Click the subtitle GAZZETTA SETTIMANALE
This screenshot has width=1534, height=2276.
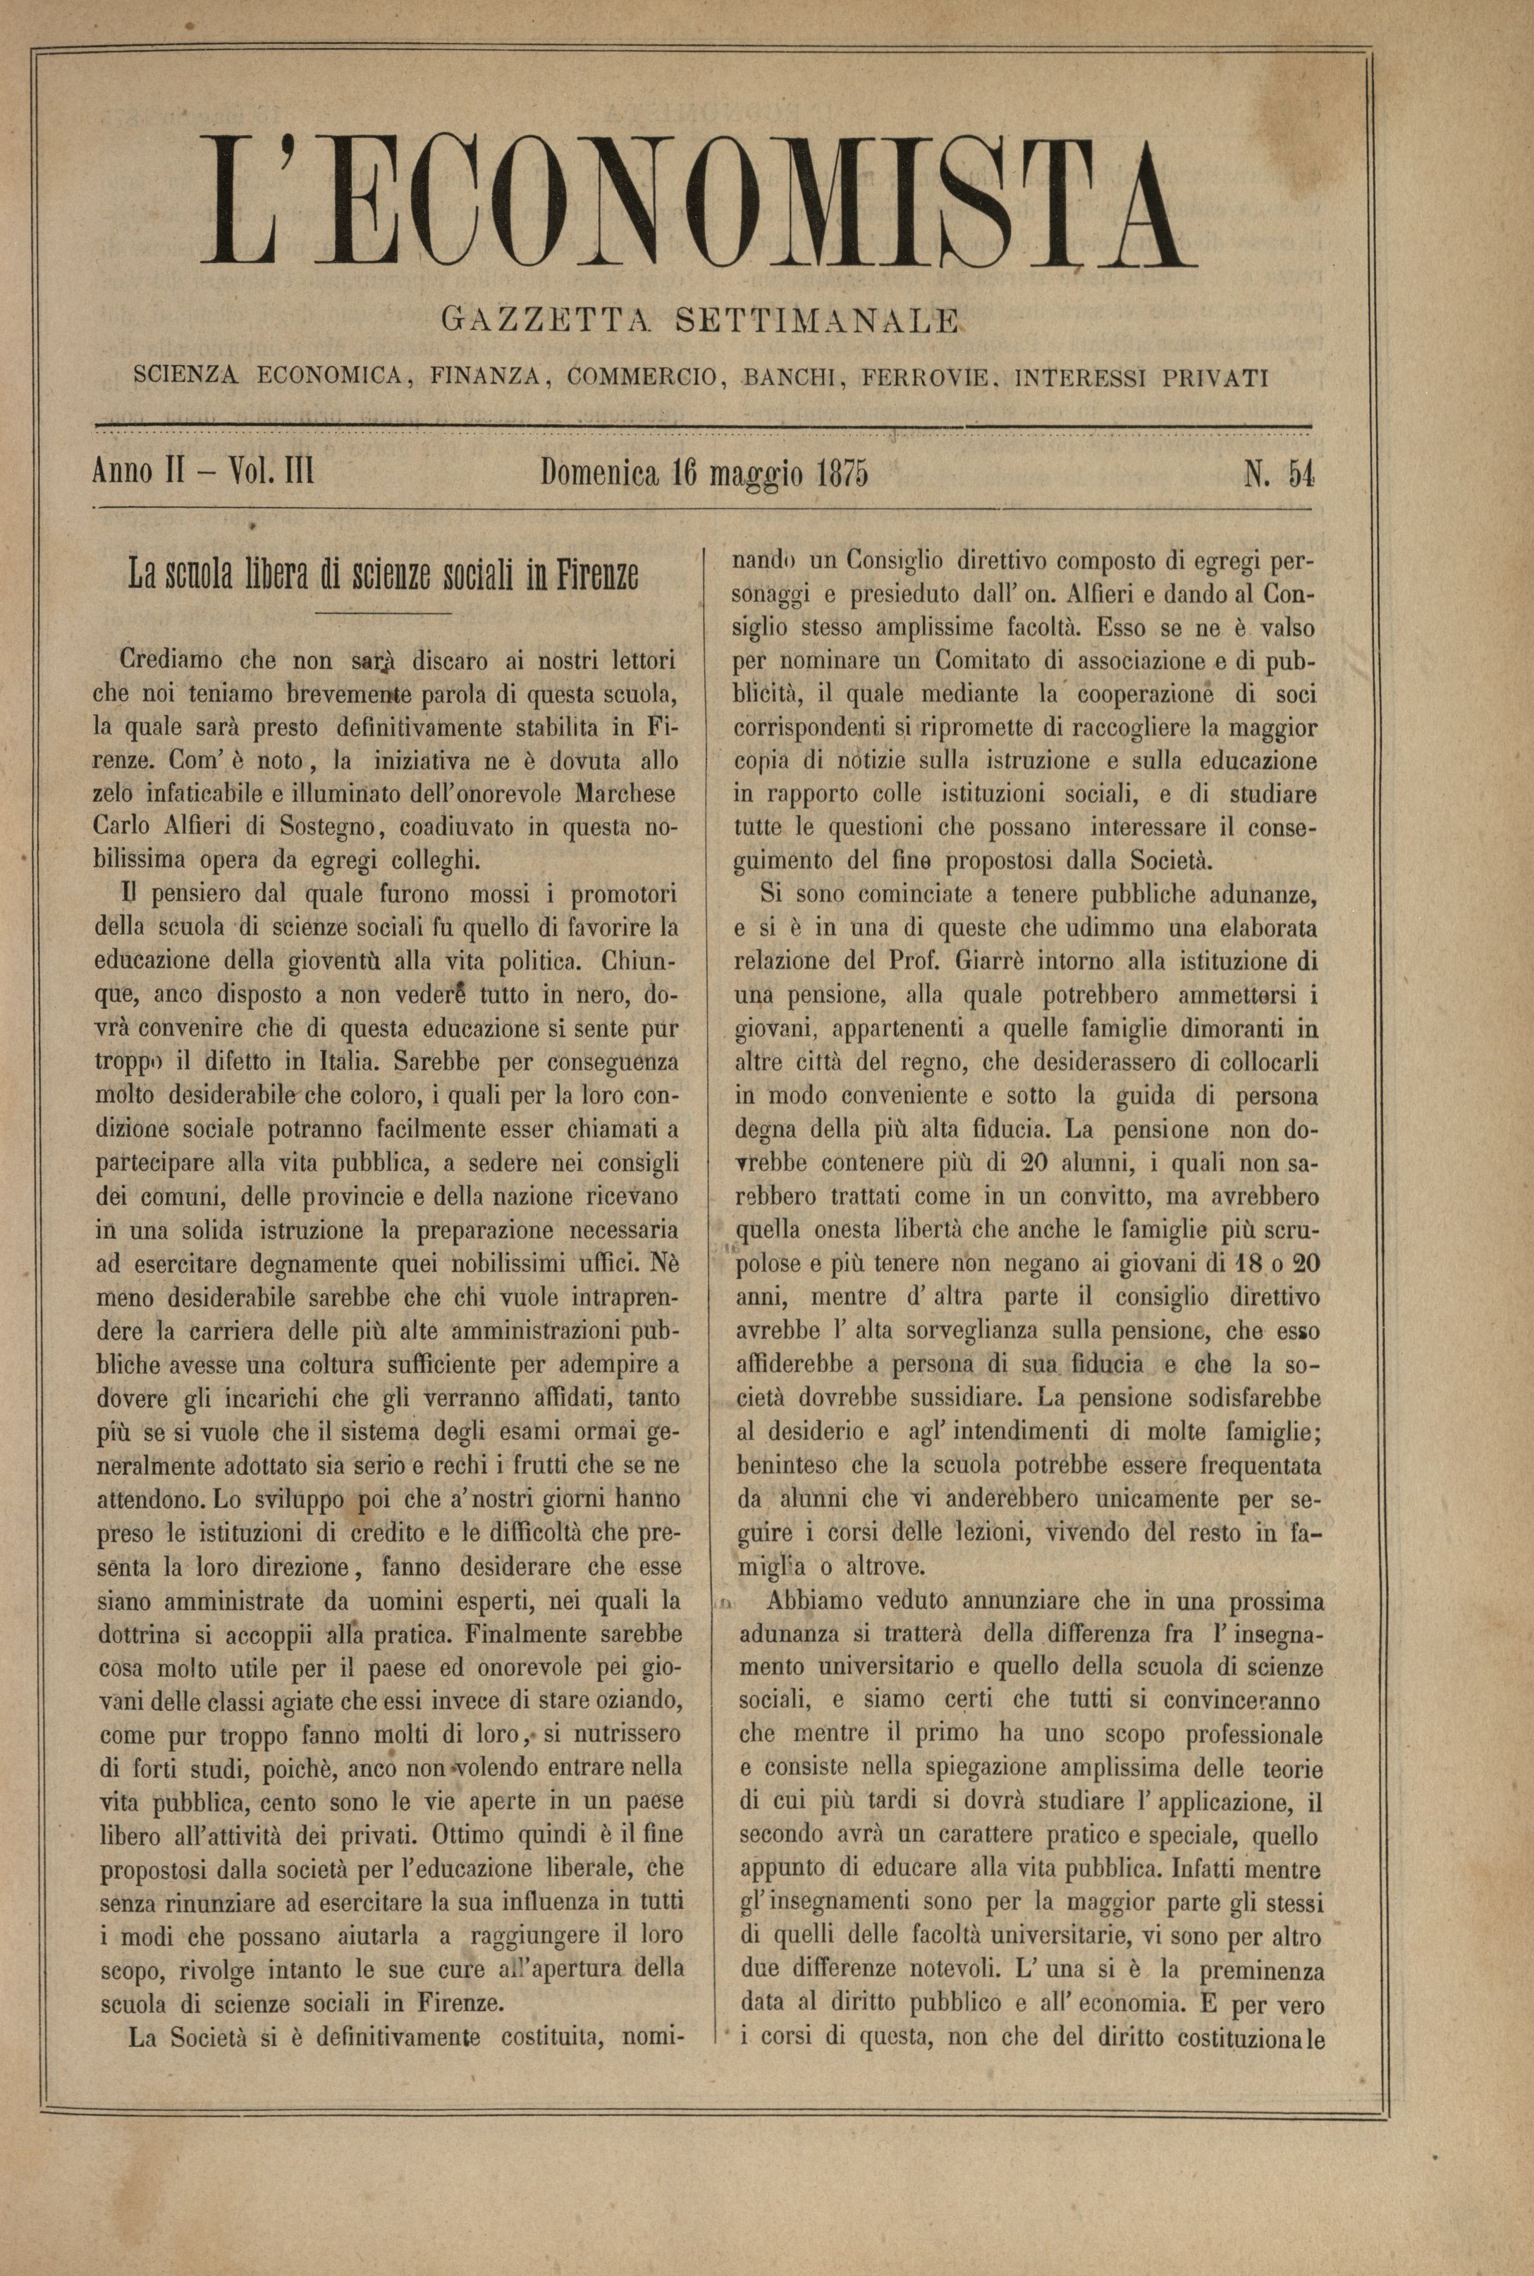click(x=699, y=320)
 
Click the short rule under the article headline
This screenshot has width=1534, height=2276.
click(x=384, y=613)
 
